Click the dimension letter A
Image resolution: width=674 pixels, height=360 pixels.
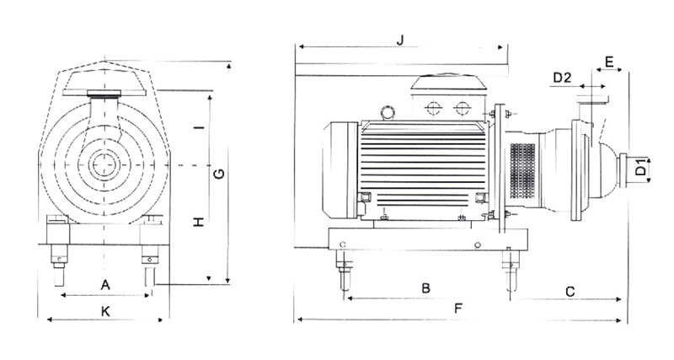coord(105,284)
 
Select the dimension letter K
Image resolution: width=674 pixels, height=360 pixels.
coord(105,310)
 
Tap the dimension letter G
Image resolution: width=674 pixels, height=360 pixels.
coord(217,175)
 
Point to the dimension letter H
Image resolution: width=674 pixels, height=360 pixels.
coord(199,222)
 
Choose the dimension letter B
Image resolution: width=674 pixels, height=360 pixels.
coord(426,287)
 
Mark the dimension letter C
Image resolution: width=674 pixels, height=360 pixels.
coord(570,292)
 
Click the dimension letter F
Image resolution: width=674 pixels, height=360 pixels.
coord(458,309)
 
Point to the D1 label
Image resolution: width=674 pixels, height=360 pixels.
coord(642,169)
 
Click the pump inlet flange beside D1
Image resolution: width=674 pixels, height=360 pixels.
coord(627,169)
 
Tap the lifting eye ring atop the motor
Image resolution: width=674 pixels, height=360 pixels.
coord(388,110)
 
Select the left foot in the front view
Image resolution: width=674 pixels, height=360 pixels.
coord(59,258)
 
